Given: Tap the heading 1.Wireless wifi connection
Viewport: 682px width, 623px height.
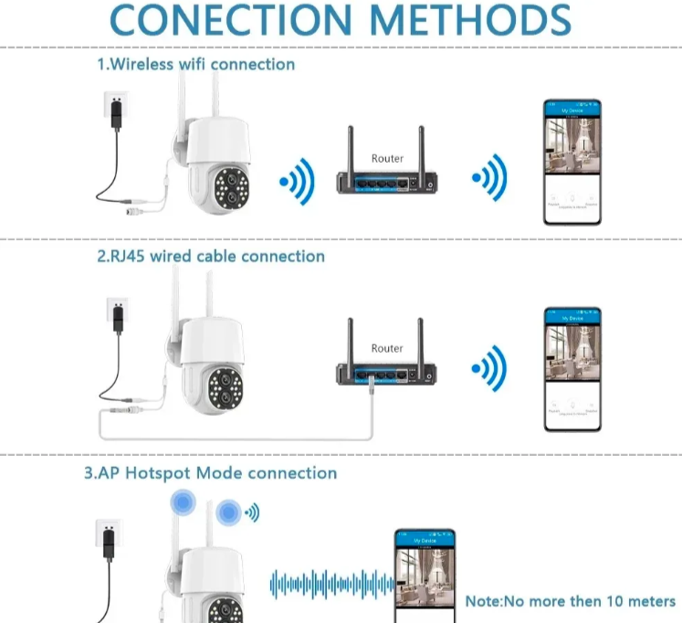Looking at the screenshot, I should [196, 65].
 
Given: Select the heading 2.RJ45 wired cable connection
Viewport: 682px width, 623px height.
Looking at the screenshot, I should [211, 257].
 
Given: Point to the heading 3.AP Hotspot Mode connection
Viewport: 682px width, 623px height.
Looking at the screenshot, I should [210, 473].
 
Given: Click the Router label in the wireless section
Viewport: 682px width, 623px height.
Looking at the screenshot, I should [387, 159].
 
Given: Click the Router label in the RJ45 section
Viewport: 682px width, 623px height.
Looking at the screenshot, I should [387, 348].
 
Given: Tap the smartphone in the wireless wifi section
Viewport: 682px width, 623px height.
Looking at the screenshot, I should [572, 154].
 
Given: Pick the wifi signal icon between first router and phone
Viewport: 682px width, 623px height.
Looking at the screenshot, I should [490, 180].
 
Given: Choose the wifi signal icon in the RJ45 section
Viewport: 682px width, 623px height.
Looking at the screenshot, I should [490, 370].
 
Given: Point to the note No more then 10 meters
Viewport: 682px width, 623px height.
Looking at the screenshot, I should [570, 601].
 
